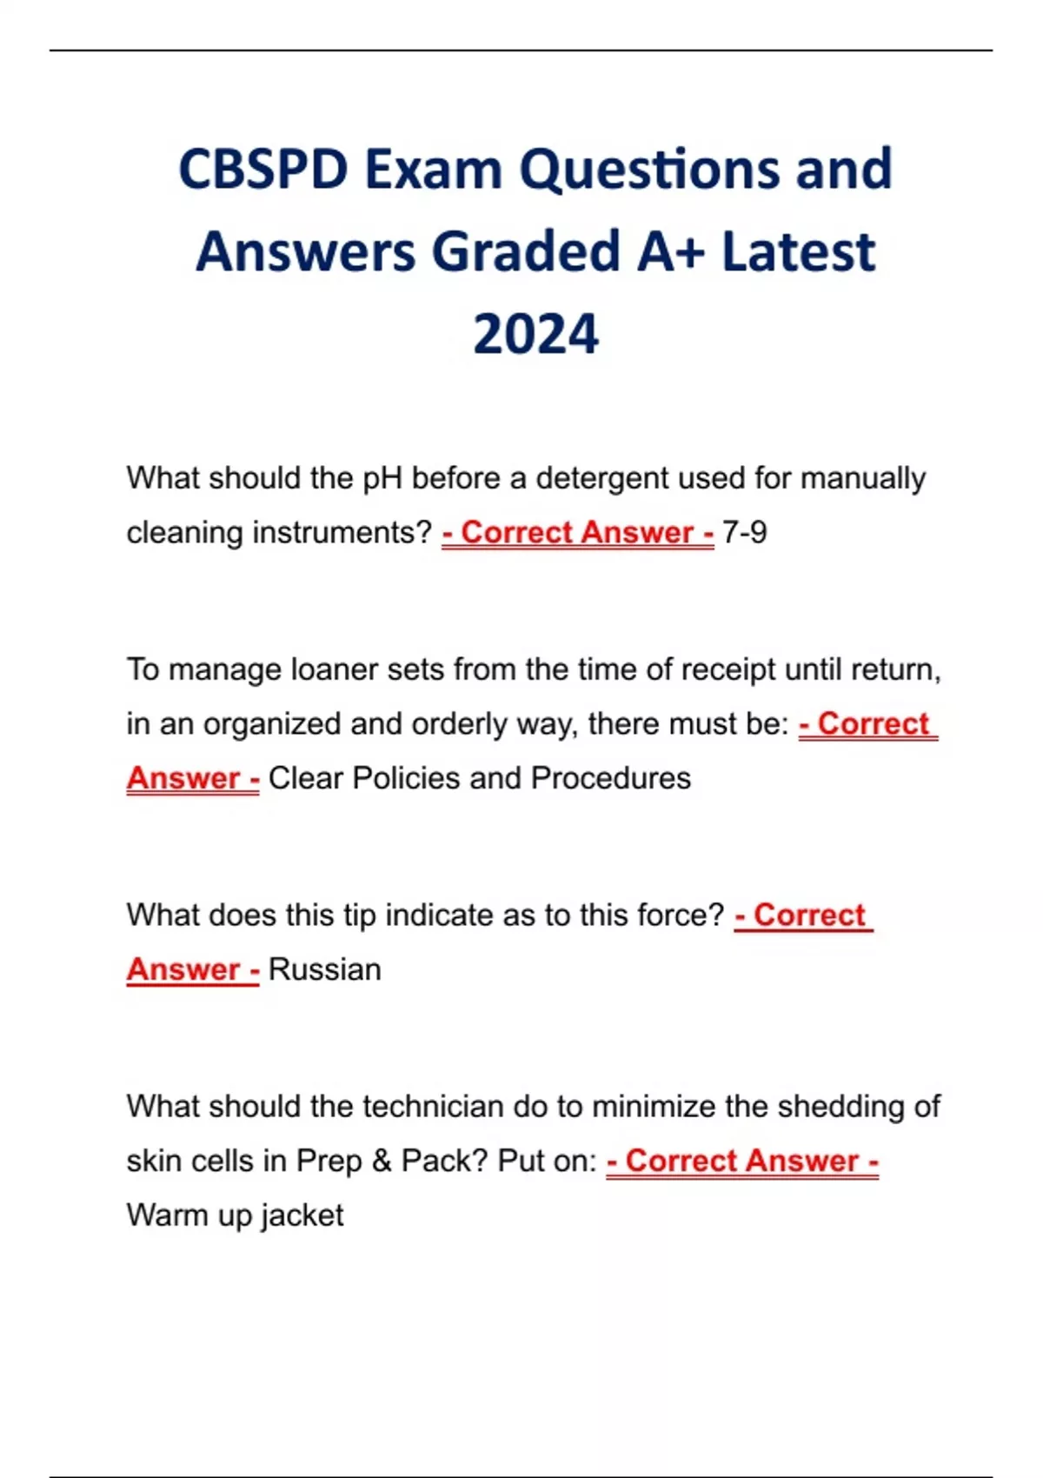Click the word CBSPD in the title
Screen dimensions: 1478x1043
tap(262, 169)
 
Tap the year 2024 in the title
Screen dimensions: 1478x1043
tap(535, 335)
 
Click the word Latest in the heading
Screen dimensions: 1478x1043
tap(798, 252)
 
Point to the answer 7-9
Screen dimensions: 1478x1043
tap(745, 532)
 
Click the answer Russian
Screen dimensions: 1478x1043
tap(324, 969)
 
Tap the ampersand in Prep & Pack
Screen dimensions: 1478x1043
tap(382, 1161)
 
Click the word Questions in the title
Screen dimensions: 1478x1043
tap(650, 169)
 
